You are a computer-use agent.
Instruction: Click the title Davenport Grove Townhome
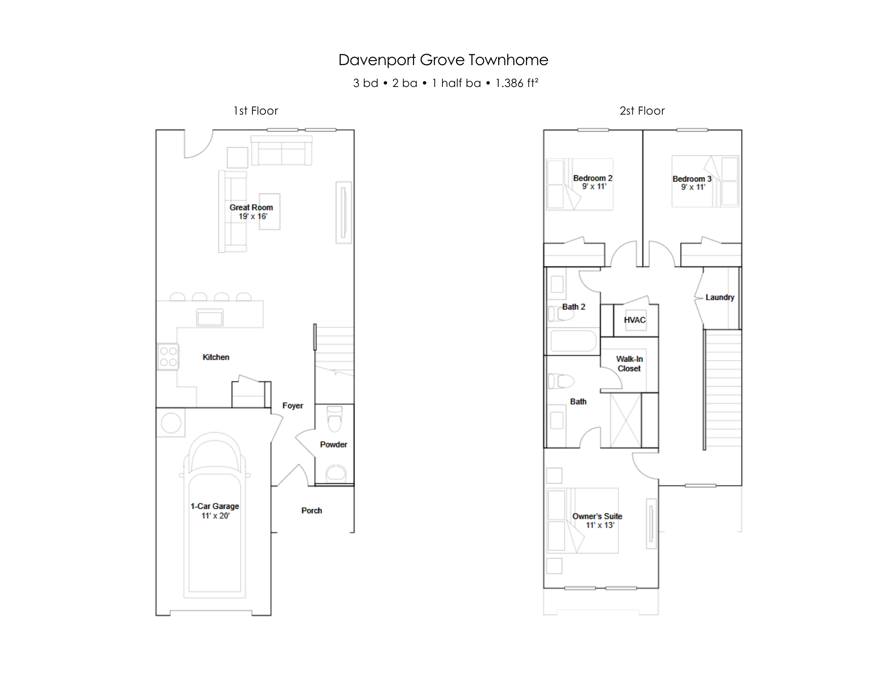pyautogui.click(x=443, y=60)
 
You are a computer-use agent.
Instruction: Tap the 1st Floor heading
pyautogui.click(x=256, y=111)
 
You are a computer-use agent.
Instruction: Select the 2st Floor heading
pyautogui.click(x=642, y=111)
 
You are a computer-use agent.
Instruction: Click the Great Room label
pyautogui.click(x=251, y=207)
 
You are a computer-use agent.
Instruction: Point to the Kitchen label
pyautogui.click(x=216, y=357)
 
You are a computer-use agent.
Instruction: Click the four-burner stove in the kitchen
pyautogui.click(x=168, y=357)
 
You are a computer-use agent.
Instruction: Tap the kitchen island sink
pyautogui.click(x=210, y=318)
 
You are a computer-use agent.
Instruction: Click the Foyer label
pyautogui.click(x=293, y=405)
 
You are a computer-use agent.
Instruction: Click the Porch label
pyautogui.click(x=311, y=511)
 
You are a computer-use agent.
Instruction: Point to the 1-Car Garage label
pyautogui.click(x=215, y=506)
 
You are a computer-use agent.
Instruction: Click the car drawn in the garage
pyautogui.click(x=215, y=515)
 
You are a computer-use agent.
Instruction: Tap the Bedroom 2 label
pyautogui.click(x=593, y=178)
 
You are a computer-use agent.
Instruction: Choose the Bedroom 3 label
pyautogui.click(x=692, y=179)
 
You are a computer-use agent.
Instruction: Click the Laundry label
pyautogui.click(x=720, y=297)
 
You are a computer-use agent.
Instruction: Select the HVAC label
pyautogui.click(x=635, y=320)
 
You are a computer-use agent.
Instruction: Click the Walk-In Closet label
pyautogui.click(x=629, y=363)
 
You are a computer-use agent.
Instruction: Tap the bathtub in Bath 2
pyautogui.click(x=574, y=342)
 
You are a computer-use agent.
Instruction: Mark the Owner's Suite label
pyautogui.click(x=597, y=516)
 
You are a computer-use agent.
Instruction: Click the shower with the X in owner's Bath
pyautogui.click(x=626, y=420)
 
